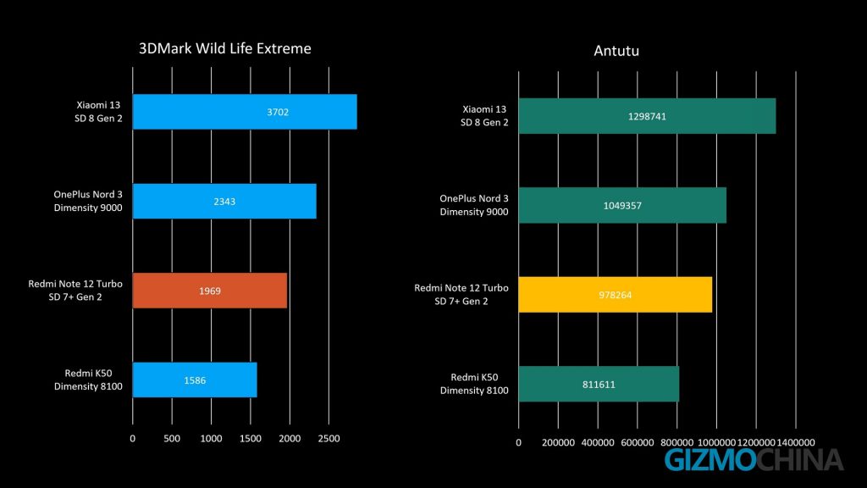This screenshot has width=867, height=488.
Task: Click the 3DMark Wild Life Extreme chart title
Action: tap(224, 48)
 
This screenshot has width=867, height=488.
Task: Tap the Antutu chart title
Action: tap(616, 52)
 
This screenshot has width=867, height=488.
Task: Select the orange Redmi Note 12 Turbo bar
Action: tap(210, 291)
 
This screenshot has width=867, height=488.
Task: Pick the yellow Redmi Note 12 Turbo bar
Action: tap(615, 294)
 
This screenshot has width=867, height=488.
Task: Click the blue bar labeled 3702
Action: tap(245, 112)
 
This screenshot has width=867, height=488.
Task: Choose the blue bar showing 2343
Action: tap(224, 201)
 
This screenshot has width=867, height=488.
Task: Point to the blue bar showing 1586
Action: tap(195, 380)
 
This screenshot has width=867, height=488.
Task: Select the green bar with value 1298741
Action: tap(647, 116)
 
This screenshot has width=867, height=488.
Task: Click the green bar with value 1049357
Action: tap(622, 205)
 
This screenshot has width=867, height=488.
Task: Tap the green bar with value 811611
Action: tap(599, 384)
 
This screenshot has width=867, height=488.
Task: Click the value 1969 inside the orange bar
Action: tap(210, 291)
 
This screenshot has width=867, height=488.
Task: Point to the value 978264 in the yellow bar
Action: tap(616, 294)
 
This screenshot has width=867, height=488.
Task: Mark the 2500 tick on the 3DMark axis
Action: tap(329, 439)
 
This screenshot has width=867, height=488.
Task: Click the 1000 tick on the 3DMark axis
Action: tap(211, 439)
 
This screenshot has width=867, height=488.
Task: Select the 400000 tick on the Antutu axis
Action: tap(598, 442)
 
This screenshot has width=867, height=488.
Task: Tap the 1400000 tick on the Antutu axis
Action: tap(795, 442)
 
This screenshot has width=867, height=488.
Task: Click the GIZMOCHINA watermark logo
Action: tap(754, 460)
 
